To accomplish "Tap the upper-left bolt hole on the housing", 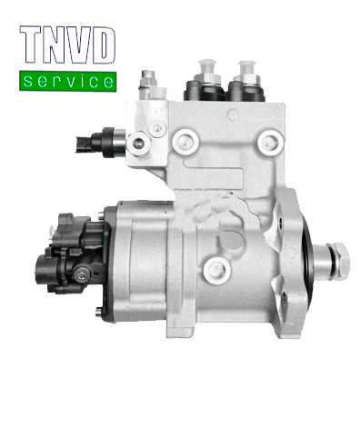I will click(x=186, y=141).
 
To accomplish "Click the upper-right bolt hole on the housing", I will click(x=268, y=142).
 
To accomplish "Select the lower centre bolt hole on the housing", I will click(x=217, y=265).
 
